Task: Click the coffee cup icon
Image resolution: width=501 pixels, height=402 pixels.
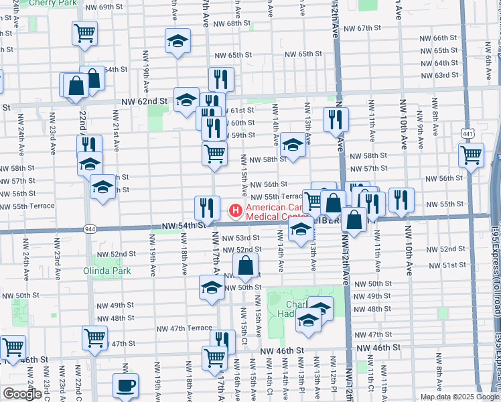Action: click(125, 385)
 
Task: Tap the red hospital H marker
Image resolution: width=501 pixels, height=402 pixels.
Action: click(236, 211)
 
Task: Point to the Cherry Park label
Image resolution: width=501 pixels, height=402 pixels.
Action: click(49, 3)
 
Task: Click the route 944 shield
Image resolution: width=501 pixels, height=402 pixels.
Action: click(89, 229)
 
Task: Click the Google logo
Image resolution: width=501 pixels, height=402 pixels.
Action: click(22, 393)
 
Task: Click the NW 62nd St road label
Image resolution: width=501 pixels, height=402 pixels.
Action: click(144, 101)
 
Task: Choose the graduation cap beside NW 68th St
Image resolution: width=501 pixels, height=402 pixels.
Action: click(178, 42)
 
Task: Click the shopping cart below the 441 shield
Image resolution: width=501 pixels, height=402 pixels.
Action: click(472, 155)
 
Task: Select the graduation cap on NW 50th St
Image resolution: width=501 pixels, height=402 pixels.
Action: click(212, 288)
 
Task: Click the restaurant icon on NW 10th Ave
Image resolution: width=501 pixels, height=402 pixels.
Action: click(401, 199)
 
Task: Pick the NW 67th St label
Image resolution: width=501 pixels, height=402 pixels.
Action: click(362, 28)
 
